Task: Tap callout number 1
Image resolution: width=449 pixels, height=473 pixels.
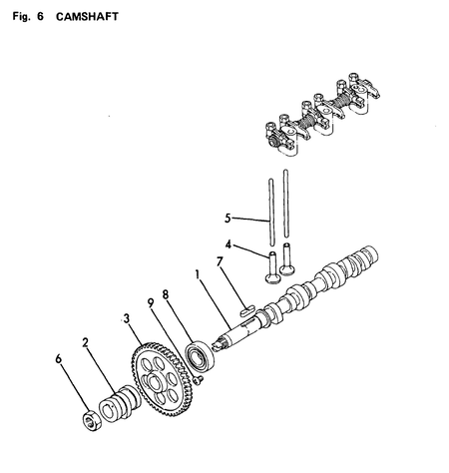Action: coord(198,274)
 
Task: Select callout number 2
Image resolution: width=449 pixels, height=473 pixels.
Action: coord(87,340)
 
